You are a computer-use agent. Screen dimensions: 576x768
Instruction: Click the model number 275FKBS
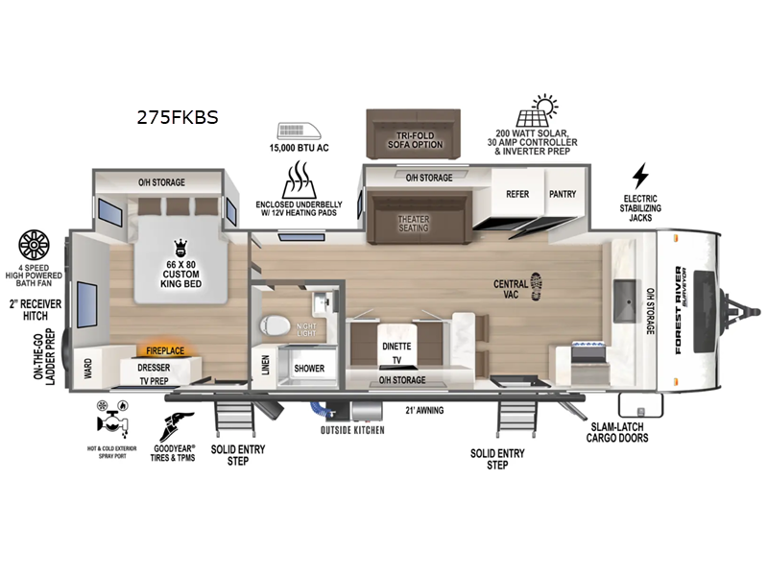(178, 118)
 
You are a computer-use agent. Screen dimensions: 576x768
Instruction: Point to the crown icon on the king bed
(179, 248)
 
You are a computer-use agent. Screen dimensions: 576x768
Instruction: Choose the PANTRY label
(563, 193)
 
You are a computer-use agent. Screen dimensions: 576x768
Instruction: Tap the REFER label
(517, 193)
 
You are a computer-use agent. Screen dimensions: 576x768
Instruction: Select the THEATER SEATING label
(414, 223)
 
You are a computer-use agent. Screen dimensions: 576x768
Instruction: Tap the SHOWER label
(309, 368)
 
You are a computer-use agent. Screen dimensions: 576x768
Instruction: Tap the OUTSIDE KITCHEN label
(352, 429)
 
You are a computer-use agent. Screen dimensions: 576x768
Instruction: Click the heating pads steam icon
(300, 179)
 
